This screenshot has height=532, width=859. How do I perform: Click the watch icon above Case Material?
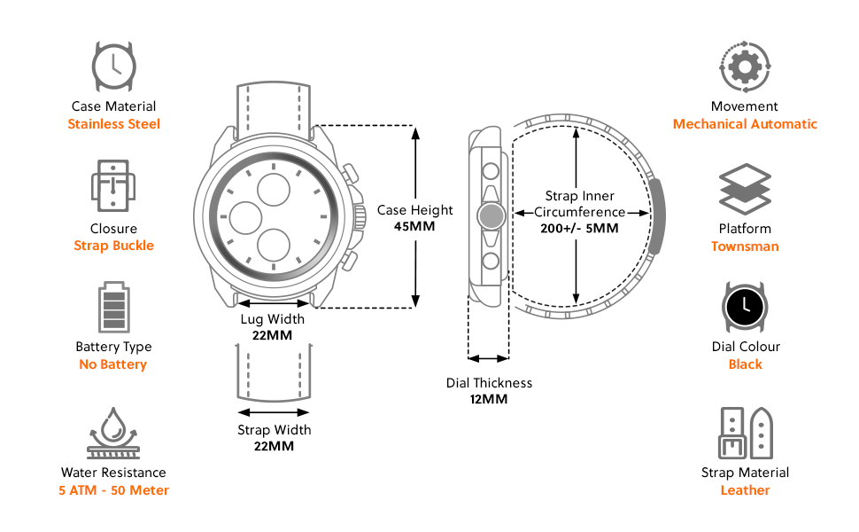(x=113, y=64)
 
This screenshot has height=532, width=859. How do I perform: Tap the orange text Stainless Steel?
(x=114, y=124)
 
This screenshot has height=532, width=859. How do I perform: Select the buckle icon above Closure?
(x=113, y=186)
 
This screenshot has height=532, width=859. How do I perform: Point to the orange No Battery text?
(x=112, y=364)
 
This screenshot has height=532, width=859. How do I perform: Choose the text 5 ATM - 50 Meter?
(x=113, y=490)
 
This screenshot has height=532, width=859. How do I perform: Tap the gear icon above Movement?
(x=745, y=66)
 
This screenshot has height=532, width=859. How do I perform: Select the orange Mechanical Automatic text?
(x=745, y=124)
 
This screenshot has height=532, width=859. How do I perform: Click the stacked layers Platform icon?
(x=745, y=190)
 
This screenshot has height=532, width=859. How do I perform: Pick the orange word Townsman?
(x=745, y=246)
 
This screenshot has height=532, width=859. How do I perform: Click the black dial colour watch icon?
(x=745, y=307)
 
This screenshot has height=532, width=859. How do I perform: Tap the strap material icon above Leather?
(x=745, y=433)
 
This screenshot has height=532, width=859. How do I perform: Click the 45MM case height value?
(x=414, y=226)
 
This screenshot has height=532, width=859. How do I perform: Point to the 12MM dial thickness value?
(x=489, y=399)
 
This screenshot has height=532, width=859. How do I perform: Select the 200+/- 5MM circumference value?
(x=579, y=228)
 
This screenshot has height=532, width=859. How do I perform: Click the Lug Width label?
(x=273, y=319)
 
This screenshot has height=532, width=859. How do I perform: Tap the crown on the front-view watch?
(x=360, y=215)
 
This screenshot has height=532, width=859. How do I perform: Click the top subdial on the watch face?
(x=273, y=187)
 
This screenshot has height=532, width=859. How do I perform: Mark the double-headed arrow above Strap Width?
(x=274, y=411)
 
